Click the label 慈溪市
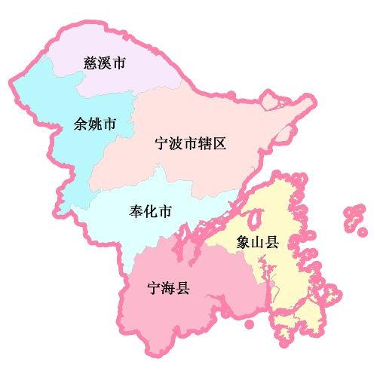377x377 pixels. [103, 63]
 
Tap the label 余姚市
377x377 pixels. [94, 123]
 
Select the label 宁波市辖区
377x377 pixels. [190, 143]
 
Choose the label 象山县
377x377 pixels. [257, 243]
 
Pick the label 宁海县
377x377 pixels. [168, 287]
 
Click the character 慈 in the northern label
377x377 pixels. [88, 63]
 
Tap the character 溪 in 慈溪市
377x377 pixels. [103, 63]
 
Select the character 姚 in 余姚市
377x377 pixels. [94, 123]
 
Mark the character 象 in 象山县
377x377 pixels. [243, 243]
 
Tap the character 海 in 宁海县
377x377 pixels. [168, 287]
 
